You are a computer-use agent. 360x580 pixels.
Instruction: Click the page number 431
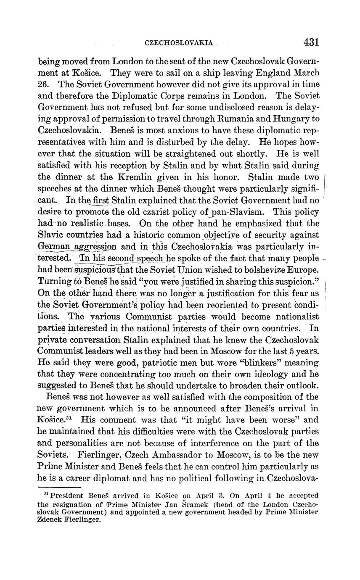tap(310, 42)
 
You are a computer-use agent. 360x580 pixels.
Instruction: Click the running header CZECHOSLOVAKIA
tap(179, 43)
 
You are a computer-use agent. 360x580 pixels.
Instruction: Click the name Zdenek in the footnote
tap(51, 519)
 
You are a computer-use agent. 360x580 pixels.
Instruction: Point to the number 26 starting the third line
tap(44, 84)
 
